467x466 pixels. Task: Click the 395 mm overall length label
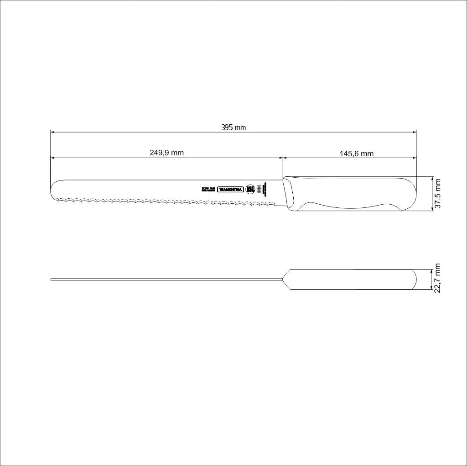pyautogui.click(x=233, y=127)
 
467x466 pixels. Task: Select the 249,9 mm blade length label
pyautogui.click(x=166, y=153)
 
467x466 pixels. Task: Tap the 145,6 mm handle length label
pyautogui.click(x=356, y=154)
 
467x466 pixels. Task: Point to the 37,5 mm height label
pyautogui.click(x=438, y=194)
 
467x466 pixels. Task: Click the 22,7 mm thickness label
pyautogui.click(x=438, y=278)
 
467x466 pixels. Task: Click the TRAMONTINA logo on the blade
pyautogui.click(x=231, y=190)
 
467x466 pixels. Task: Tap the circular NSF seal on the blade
pyautogui.click(x=250, y=189)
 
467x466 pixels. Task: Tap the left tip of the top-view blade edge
pyautogui.click(x=52, y=279)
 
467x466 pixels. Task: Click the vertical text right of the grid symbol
pyautogui.click(x=265, y=189)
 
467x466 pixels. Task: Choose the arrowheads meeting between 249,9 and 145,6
pyautogui.click(x=283, y=158)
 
